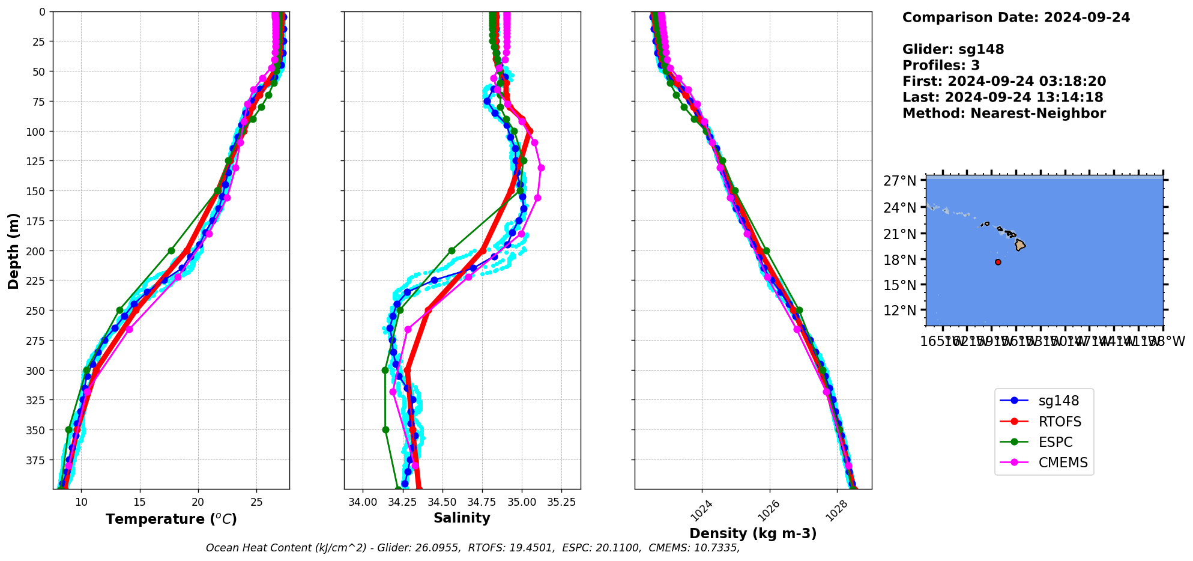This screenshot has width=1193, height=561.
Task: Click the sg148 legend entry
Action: (x=1059, y=401)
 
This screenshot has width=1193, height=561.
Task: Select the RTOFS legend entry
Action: (x=1060, y=422)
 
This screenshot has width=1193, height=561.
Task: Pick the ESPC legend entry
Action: (x=1055, y=442)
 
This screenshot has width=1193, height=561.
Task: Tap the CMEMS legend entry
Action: (x=1063, y=462)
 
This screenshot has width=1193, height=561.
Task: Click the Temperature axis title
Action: (x=171, y=519)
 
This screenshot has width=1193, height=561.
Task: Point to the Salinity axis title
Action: (x=462, y=518)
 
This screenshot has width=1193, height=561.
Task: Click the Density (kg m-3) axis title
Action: (x=753, y=533)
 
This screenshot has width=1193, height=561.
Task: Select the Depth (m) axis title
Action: (x=13, y=250)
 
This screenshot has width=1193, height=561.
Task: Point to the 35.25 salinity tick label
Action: (x=561, y=502)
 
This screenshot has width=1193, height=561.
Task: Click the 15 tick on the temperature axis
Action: (x=139, y=502)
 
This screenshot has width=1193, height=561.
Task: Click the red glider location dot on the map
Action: (x=998, y=262)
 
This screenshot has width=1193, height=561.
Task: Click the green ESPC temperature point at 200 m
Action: (x=171, y=250)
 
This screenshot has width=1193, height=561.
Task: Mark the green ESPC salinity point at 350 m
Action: (x=385, y=429)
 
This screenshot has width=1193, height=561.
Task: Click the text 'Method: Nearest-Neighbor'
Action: (x=1004, y=114)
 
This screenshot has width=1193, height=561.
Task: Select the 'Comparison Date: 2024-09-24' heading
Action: (x=1016, y=17)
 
